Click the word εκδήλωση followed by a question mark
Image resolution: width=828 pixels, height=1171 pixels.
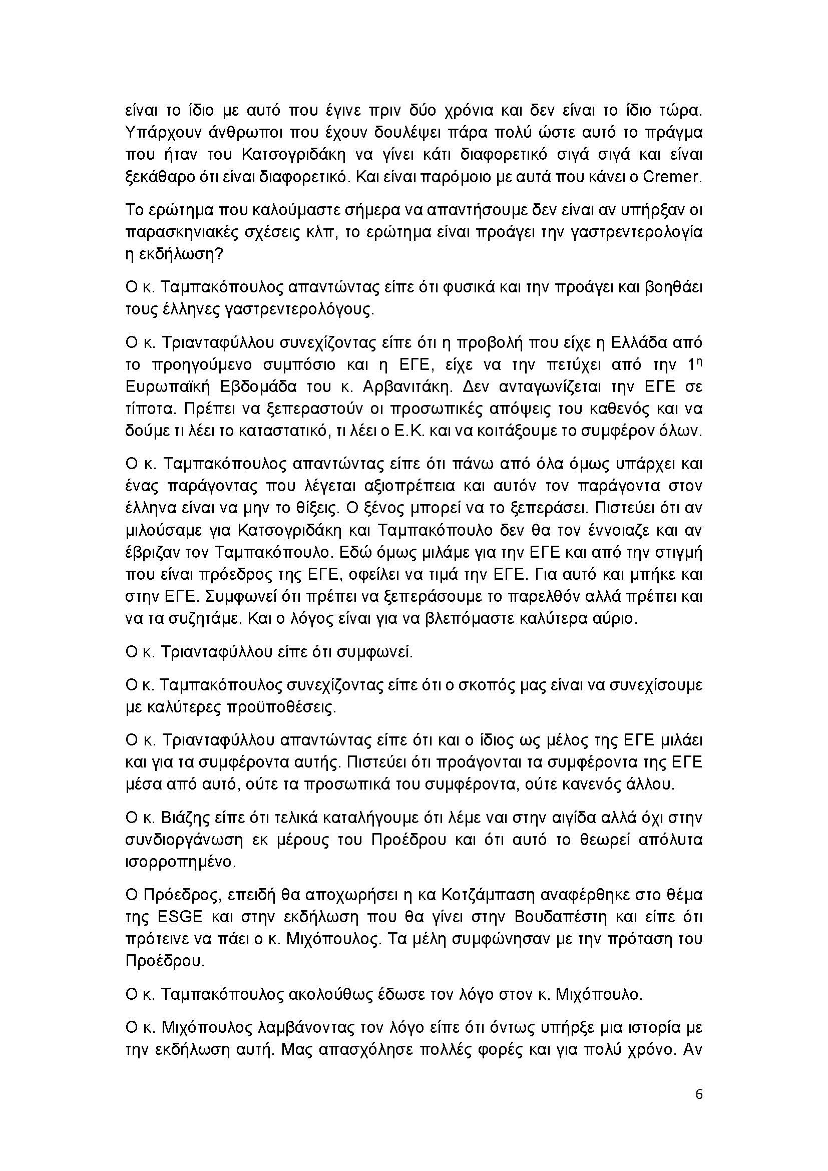point(171,254)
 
